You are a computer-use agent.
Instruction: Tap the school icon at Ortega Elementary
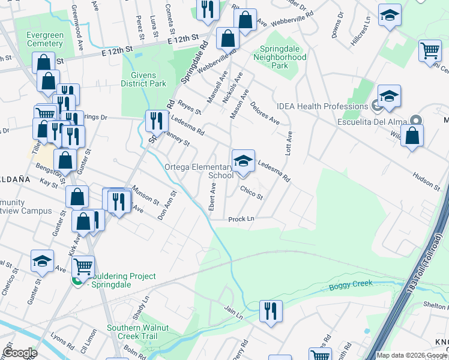pos(243,161)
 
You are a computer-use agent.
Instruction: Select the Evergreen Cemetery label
pos(45,40)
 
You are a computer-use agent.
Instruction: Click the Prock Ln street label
pos(241,219)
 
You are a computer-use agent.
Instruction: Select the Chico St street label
pos(252,193)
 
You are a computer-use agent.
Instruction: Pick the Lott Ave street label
pos(288,143)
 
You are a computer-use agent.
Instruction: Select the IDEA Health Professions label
pos(322,106)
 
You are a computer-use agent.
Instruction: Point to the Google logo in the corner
pos(19,353)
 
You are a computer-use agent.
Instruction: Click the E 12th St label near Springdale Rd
pos(183,38)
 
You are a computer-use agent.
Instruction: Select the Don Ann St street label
pos(167,205)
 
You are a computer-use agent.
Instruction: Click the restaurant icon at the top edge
pos(206,10)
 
